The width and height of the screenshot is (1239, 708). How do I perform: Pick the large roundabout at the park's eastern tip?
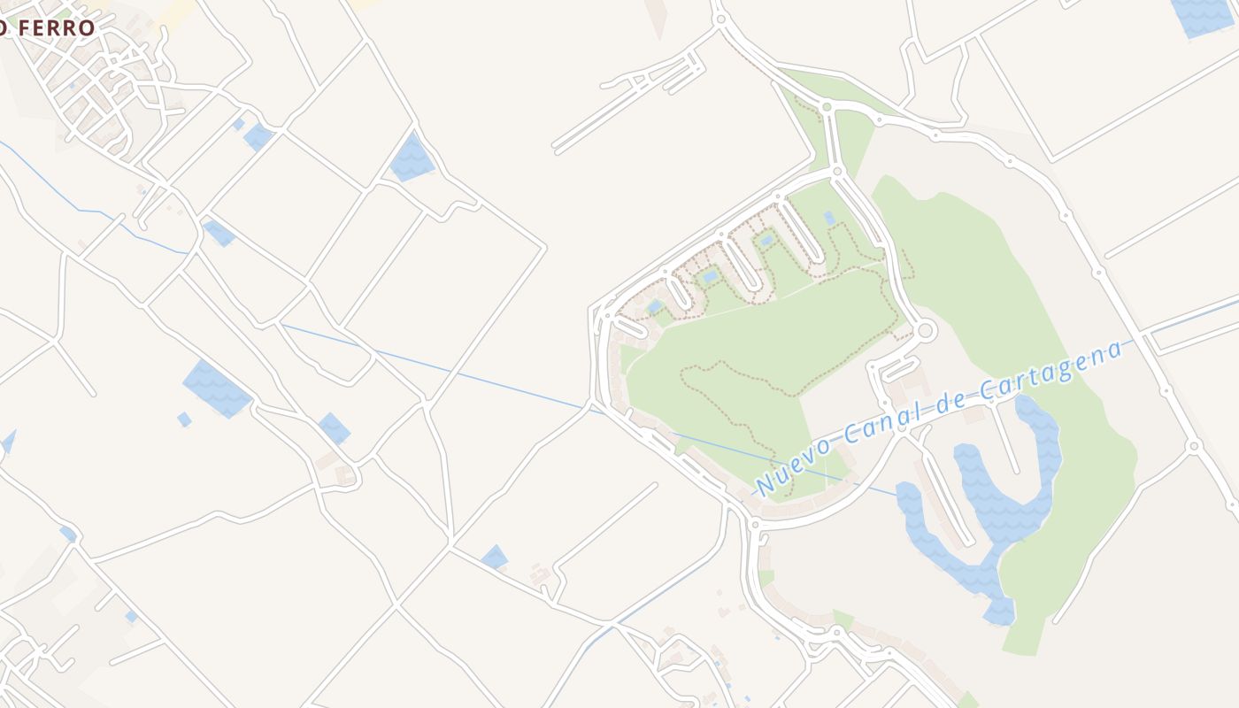pyautogui.click(x=926, y=331)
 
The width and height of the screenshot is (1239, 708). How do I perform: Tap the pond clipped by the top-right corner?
pyautogui.click(x=1204, y=16)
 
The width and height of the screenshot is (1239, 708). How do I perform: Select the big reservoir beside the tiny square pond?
pyautogui.click(x=216, y=388)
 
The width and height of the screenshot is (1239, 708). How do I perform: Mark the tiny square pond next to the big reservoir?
pyautogui.click(x=184, y=419)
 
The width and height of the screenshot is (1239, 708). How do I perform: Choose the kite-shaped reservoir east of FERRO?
pyautogui.click(x=411, y=158)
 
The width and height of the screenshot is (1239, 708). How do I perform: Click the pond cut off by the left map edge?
pyautogui.click(x=8, y=441)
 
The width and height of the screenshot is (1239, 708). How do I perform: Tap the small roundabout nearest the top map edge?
pyautogui.click(x=720, y=18)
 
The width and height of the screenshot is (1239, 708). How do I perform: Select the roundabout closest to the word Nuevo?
pyautogui.click(x=755, y=525)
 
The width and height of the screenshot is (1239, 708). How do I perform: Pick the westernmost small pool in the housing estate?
pyautogui.click(x=655, y=306)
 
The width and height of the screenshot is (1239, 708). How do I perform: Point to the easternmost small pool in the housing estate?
pyautogui.click(x=829, y=217)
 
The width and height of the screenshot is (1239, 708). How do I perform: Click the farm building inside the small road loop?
pyautogui.click(x=343, y=475)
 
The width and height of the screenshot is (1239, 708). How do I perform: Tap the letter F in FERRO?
pyautogui.click(x=20, y=27)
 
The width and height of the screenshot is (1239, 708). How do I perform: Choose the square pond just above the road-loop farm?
pyautogui.click(x=335, y=427)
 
